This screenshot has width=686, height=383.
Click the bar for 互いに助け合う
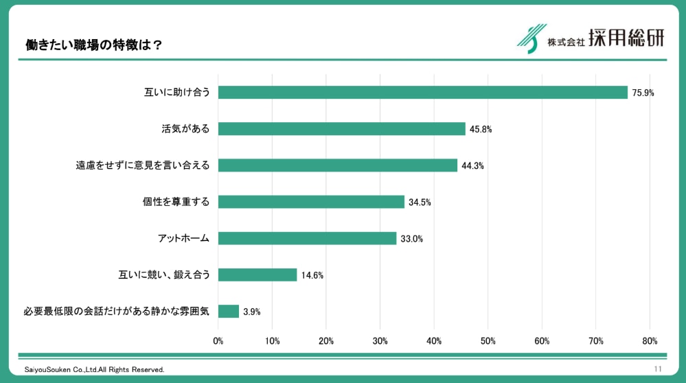(x=422, y=93)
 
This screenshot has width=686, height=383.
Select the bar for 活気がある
(x=341, y=129)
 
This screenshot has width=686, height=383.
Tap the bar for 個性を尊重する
(x=311, y=202)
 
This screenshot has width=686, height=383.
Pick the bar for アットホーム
(x=307, y=238)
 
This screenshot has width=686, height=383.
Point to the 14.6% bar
(x=258, y=275)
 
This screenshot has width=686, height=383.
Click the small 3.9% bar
(x=229, y=311)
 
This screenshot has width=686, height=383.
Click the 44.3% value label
(x=472, y=165)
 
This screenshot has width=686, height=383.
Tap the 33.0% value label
(x=411, y=239)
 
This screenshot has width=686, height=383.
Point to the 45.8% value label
(x=480, y=129)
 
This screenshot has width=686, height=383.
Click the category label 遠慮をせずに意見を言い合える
(x=142, y=165)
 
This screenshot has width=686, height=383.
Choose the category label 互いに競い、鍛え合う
(x=164, y=275)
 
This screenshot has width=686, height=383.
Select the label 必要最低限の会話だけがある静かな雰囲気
(x=116, y=311)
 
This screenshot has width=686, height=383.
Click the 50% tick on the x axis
(x=488, y=341)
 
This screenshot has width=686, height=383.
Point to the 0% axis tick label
(x=218, y=341)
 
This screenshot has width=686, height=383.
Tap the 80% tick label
(x=650, y=341)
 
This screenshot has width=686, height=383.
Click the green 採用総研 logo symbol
(x=529, y=38)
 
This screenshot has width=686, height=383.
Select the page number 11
(x=658, y=369)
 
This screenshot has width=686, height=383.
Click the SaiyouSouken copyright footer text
(x=95, y=370)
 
